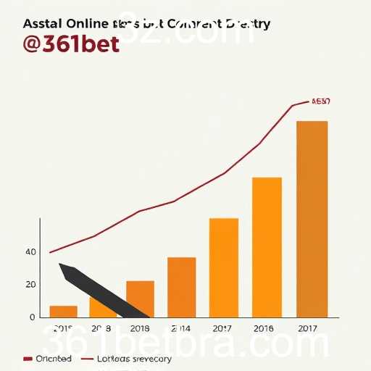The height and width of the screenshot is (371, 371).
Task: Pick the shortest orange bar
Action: (x=63, y=312)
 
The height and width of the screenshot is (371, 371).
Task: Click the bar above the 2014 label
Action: (x=181, y=287)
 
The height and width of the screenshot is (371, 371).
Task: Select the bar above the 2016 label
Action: (x=267, y=247)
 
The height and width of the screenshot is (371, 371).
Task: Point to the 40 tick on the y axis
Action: (x=30, y=252)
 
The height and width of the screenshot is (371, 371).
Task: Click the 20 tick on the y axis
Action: (x=30, y=285)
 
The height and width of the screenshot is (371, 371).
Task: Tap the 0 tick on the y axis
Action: (x=33, y=317)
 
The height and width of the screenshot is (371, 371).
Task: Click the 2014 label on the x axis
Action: (x=180, y=328)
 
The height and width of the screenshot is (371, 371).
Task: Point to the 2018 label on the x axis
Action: (x=140, y=328)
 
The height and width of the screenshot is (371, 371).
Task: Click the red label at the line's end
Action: (x=320, y=101)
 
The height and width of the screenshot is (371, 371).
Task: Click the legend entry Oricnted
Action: (x=54, y=359)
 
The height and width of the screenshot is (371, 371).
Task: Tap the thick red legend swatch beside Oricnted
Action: (x=28, y=359)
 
